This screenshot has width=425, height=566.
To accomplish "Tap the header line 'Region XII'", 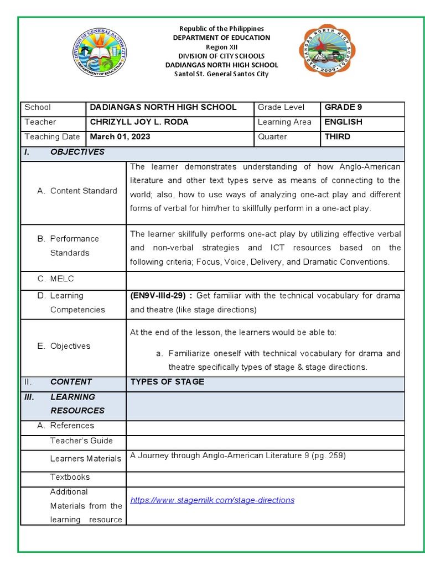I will pos(221,47).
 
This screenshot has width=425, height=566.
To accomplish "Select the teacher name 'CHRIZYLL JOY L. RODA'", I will pos(139,122).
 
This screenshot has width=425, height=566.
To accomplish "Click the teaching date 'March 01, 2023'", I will pos(120,137).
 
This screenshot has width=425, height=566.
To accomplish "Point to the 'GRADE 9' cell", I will pos(343,107).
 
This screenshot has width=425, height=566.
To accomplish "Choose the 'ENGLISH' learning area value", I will pos(343,122).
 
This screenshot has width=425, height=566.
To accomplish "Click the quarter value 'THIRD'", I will pos(337,137).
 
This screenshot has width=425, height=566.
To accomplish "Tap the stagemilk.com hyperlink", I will pos(212,500).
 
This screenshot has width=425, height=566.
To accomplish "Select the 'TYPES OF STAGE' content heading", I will pos(167,382).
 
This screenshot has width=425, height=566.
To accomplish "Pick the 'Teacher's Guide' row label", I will pos(81,441).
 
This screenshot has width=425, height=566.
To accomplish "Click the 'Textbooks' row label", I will pos(70,477).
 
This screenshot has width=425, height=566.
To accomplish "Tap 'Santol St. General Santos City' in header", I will pos(221,74).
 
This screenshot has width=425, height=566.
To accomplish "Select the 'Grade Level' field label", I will pos(281,107).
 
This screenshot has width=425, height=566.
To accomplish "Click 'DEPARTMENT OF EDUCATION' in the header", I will pos(221,38).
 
